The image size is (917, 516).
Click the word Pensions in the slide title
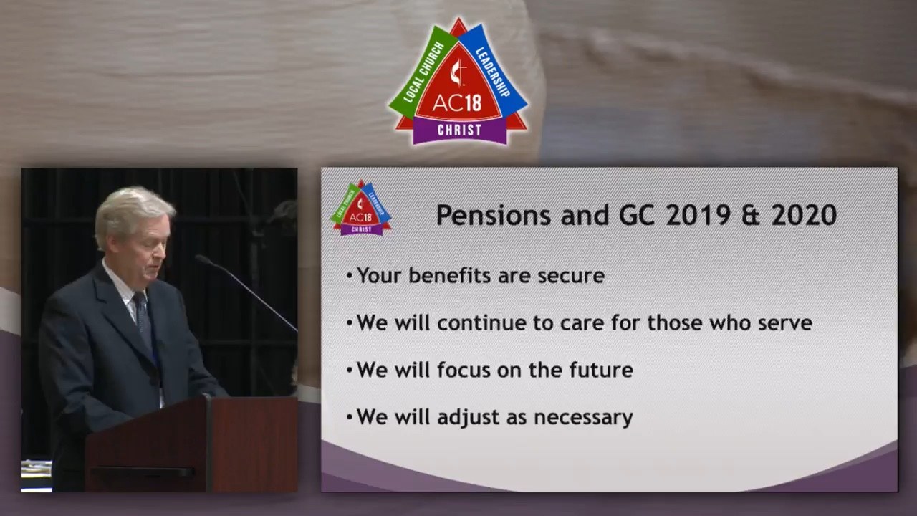pyautogui.click(x=494, y=216)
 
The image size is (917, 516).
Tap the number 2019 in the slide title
pyautogui.click(x=698, y=216)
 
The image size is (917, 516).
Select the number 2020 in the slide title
pyautogui.click(x=805, y=216)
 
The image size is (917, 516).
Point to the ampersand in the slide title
pyautogui.click(x=752, y=216)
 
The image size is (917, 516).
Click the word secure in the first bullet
pyautogui.click(x=571, y=276)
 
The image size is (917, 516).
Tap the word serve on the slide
pyautogui.click(x=785, y=323)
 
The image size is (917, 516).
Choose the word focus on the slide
pyautogui.click(x=464, y=370)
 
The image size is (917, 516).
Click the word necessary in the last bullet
pyautogui.click(x=583, y=418)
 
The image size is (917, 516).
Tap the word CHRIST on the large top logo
pyautogui.click(x=459, y=130)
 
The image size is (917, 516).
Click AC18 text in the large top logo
pyautogui.click(x=457, y=102)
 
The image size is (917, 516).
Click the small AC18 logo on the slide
pyautogui.click(x=360, y=208)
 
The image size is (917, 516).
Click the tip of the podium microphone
pyautogui.click(x=198, y=258)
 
